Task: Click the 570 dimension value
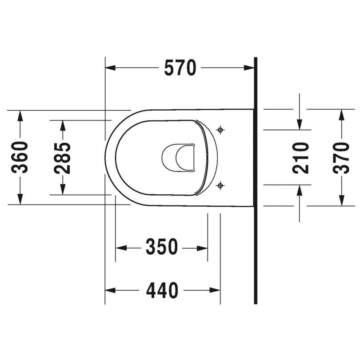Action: pyautogui.click(x=180, y=68)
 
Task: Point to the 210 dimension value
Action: pyautogui.click(x=300, y=158)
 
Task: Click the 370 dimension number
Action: pyautogui.click(x=341, y=158)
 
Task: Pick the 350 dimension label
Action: pyautogui.click(x=162, y=247)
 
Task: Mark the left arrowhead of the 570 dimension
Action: pyautogui.click(x=109, y=68)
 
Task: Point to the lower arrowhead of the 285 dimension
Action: pyautogui.click(x=63, y=190)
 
